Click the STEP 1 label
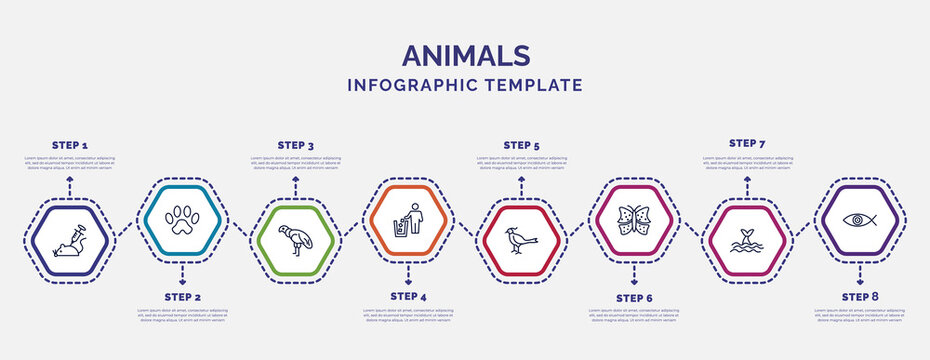click(69, 146)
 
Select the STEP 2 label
click(182, 297)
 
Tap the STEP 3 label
click(295, 146)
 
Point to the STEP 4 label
click(408, 297)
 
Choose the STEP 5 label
click(521, 146)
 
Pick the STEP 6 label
click(634, 297)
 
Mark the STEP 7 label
click(747, 144)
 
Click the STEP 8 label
click(860, 297)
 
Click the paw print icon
click(182, 219)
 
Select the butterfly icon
click(634, 219)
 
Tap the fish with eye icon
click(860, 219)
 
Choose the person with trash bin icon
click(408, 219)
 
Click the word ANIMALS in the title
click(464, 55)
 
